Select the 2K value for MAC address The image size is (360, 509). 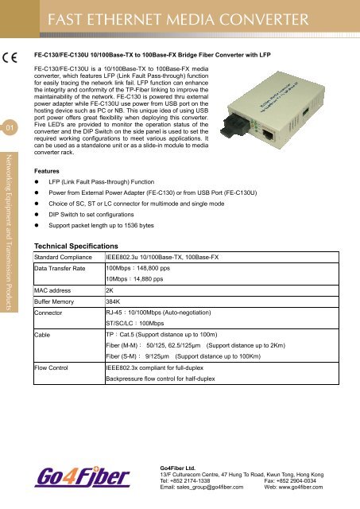tap(110, 291)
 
